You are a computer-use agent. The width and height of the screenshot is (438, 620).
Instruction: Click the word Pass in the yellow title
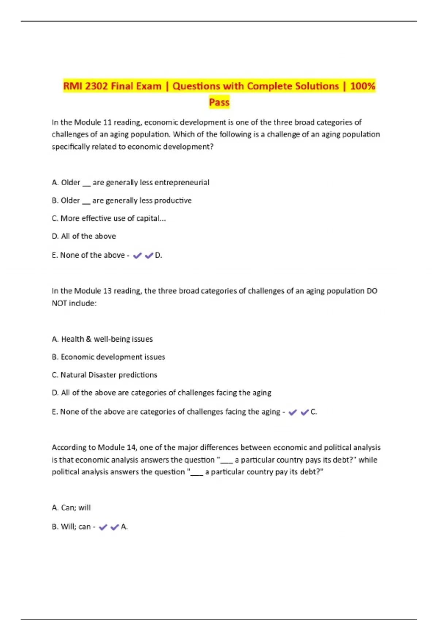(x=219, y=102)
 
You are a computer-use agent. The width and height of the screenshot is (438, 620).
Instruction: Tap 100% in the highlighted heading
(x=362, y=86)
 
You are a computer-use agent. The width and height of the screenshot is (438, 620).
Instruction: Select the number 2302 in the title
(x=96, y=86)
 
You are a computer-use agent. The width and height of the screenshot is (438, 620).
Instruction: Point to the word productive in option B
(x=173, y=200)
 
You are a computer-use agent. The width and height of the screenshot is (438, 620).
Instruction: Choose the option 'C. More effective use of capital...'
(x=109, y=218)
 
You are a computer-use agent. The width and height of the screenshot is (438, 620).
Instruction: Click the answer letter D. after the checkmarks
(x=158, y=255)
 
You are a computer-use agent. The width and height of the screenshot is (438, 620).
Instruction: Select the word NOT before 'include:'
(x=59, y=303)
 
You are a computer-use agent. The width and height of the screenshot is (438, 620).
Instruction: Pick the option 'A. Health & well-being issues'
(x=102, y=339)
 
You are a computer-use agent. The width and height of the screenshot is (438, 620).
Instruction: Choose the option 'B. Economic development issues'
(x=108, y=357)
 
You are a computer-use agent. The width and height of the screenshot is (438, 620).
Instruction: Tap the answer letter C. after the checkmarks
(x=314, y=412)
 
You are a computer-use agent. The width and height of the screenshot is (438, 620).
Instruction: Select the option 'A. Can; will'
(x=71, y=507)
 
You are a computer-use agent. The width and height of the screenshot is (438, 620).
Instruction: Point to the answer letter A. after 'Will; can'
(x=124, y=527)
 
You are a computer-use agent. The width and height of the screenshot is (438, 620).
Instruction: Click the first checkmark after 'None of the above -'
(x=137, y=256)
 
